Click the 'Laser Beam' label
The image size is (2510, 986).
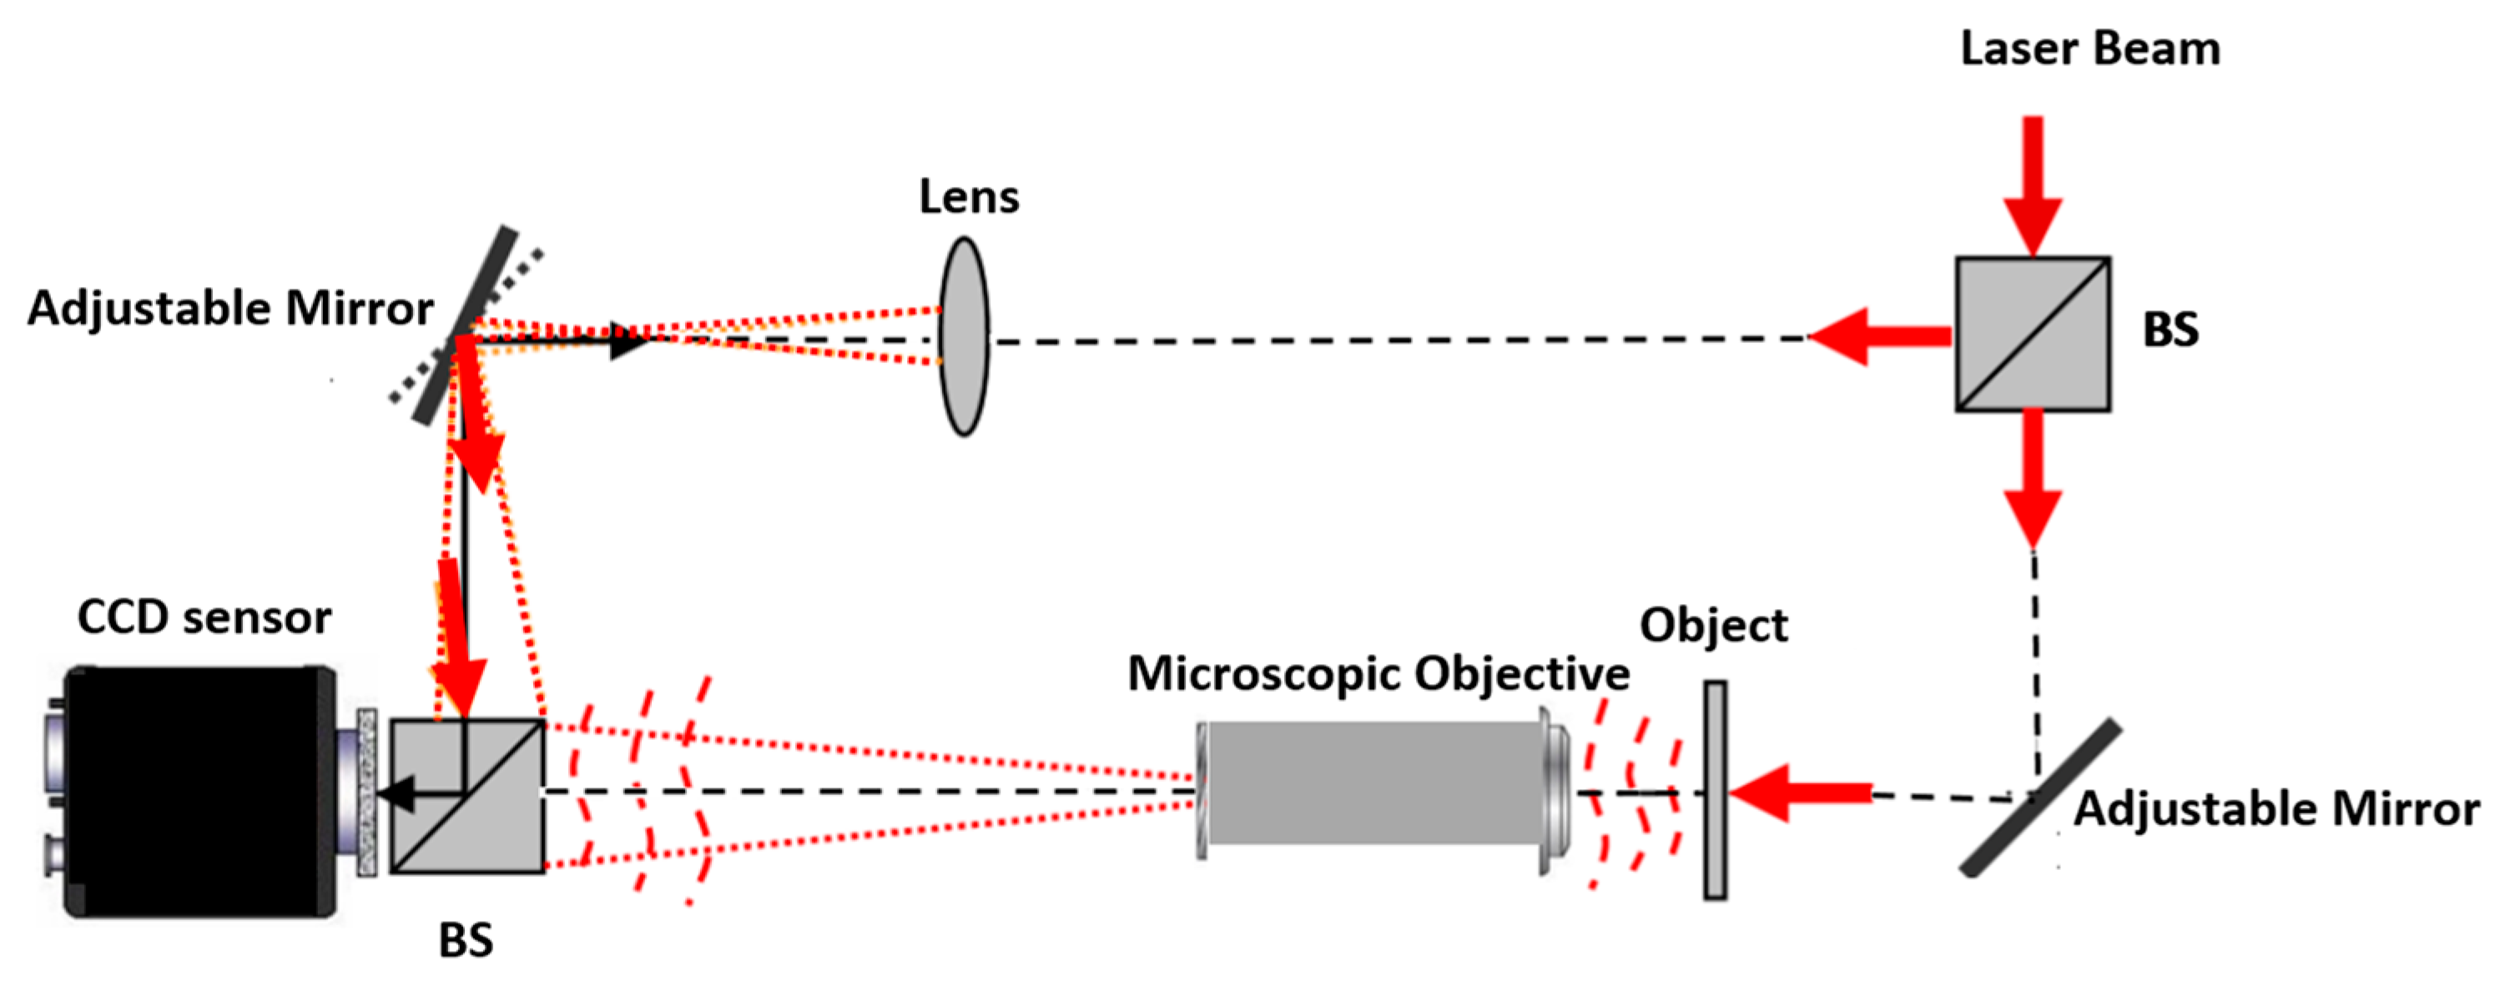[x=2089, y=48]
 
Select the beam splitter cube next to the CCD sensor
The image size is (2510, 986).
[x=466, y=796]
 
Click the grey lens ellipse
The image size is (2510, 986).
[x=964, y=336]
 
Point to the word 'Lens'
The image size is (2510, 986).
[x=969, y=198]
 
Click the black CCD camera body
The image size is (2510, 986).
[x=199, y=791]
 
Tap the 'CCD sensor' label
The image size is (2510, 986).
[x=204, y=618]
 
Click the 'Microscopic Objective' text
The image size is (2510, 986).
[x=1378, y=674]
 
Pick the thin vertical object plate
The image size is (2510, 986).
[x=1714, y=789]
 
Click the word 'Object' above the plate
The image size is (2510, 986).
[x=1713, y=626]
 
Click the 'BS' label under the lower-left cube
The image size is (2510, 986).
[x=466, y=941]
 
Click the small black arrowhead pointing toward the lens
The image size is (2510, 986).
[x=627, y=341]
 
